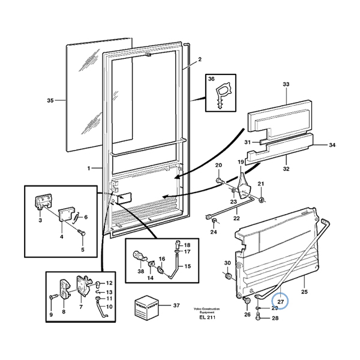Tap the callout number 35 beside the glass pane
(x=50, y=101)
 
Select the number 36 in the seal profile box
(x=211, y=79)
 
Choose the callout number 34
(x=332, y=145)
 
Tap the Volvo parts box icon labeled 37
(x=146, y=307)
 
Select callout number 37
(x=176, y=306)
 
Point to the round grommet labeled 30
(x=228, y=276)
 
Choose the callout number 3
(x=40, y=221)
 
